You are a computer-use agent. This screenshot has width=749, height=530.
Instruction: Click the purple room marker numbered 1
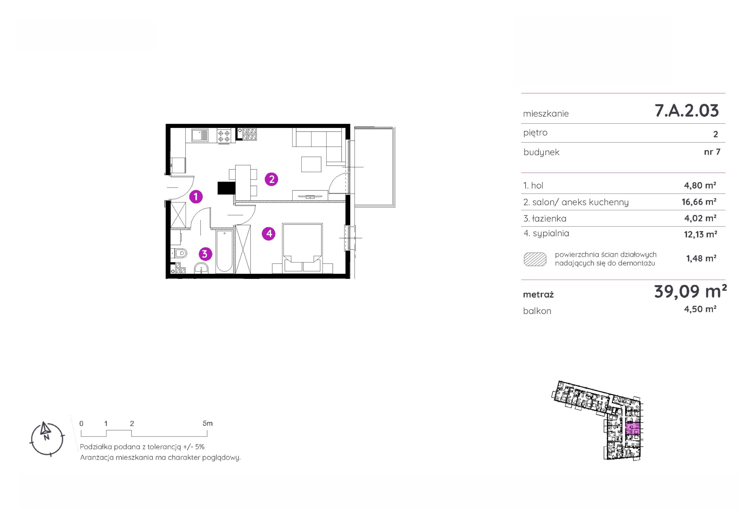[196, 197]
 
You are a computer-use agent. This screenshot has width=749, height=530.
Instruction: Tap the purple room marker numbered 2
[271, 179]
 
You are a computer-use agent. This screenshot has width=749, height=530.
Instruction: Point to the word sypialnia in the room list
[551, 234]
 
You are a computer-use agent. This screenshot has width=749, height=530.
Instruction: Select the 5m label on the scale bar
[207, 424]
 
